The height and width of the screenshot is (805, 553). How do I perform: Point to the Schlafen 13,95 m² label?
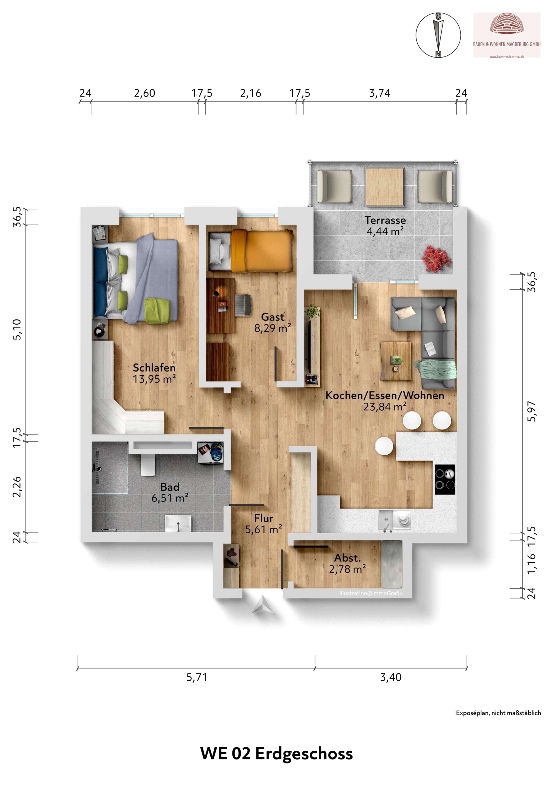[x=154, y=373]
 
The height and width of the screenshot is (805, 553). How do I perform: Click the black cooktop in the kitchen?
[x=445, y=480]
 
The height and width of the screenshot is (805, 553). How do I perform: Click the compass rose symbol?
[x=438, y=35]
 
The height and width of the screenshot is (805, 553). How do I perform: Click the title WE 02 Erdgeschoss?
[x=276, y=754]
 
